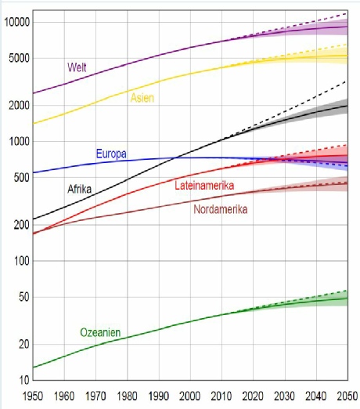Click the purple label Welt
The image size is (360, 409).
77,67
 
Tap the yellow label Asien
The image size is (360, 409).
142,98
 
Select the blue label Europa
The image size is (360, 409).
111,154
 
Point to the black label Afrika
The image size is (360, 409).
80,189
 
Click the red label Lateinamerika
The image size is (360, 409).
204,186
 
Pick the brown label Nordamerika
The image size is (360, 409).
221,209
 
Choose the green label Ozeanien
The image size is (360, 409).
100,332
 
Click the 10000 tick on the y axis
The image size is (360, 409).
17,23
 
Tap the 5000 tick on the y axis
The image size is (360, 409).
20,58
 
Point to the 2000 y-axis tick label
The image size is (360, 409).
20,106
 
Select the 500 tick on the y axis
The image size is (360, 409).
22,178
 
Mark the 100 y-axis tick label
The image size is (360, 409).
22,261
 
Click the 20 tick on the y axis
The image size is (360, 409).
24,344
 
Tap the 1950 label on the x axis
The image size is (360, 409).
33,396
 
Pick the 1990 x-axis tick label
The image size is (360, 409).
159,396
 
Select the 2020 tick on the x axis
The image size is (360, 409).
253,396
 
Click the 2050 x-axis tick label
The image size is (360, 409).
347,396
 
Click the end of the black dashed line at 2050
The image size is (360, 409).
347,81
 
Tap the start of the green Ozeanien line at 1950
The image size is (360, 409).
33,367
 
